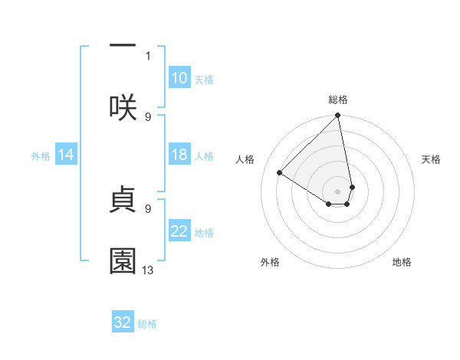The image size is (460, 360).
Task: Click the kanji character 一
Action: (123, 47)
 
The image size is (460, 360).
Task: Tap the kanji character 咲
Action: (123, 106)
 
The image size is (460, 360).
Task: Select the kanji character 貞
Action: (123, 199)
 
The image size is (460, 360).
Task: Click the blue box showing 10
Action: (179, 78)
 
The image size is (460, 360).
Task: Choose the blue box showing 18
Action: (179, 155)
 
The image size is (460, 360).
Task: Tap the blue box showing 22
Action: (179, 231)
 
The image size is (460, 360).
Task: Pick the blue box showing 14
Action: (66, 155)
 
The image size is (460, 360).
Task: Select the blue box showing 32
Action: (123, 322)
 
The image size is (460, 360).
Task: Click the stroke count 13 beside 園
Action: (148, 270)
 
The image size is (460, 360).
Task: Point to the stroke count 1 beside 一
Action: (148, 55)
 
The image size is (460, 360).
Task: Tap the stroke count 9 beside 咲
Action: (148, 116)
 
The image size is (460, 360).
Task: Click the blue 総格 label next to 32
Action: (147, 324)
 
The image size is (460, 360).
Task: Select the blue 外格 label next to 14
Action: (41, 156)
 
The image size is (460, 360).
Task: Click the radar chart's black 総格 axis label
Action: (338, 100)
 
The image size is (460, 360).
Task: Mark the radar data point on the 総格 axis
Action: (337, 116)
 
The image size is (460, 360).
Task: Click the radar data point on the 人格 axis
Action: (280, 173)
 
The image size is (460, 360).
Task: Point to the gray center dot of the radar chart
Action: (337, 191)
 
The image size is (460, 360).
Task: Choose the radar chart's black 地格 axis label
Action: (402, 263)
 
